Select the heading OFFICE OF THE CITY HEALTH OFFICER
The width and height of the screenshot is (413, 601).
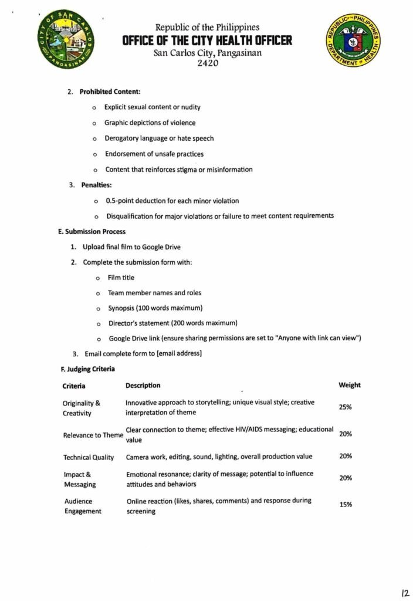click(207, 40)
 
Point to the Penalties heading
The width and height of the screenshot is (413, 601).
click(96, 185)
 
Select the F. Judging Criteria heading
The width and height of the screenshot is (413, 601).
click(87, 369)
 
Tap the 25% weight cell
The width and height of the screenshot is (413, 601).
click(345, 407)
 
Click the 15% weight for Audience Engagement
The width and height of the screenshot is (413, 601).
click(345, 505)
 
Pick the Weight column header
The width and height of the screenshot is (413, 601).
click(349, 385)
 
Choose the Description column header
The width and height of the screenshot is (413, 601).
click(143, 386)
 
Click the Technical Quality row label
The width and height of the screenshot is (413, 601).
click(89, 457)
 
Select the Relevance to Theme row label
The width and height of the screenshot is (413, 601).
click(93, 435)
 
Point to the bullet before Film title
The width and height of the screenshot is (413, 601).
click(97, 277)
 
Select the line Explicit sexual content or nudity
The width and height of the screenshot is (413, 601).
click(153, 107)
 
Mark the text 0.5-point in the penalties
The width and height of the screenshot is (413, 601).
click(120, 201)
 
